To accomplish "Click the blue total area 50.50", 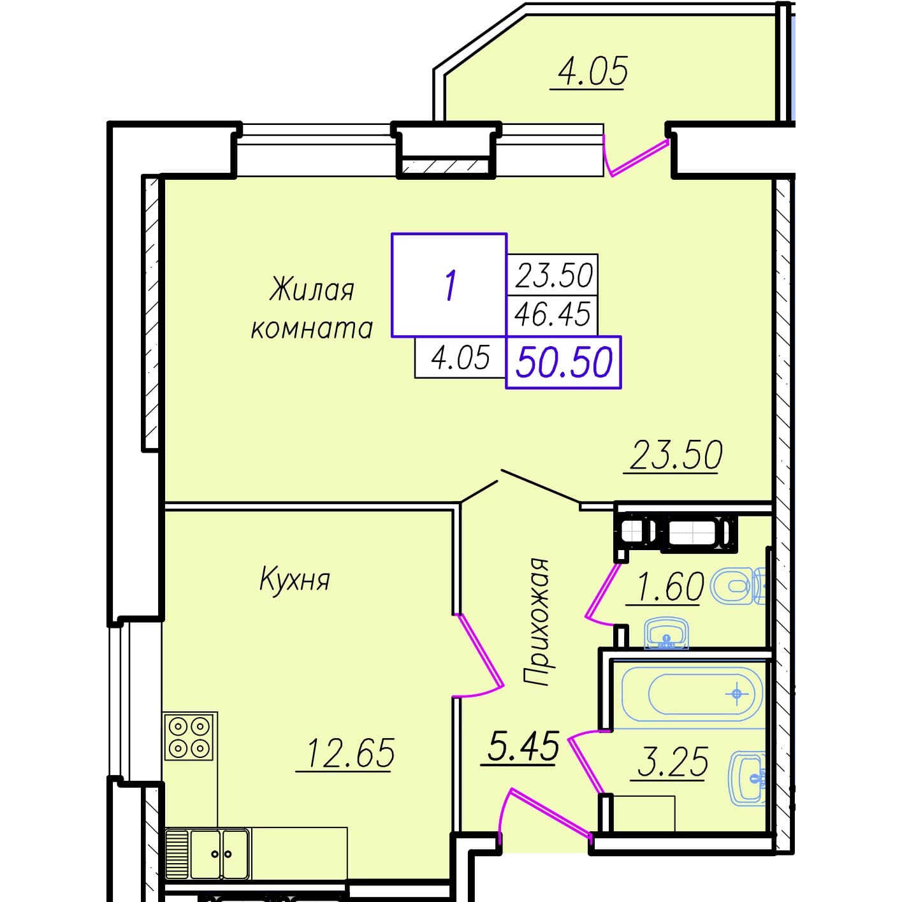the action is tap(564, 362).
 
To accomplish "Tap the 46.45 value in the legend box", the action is tap(552, 314).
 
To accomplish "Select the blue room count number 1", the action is tap(450, 286).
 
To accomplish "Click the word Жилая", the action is tap(312, 290).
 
